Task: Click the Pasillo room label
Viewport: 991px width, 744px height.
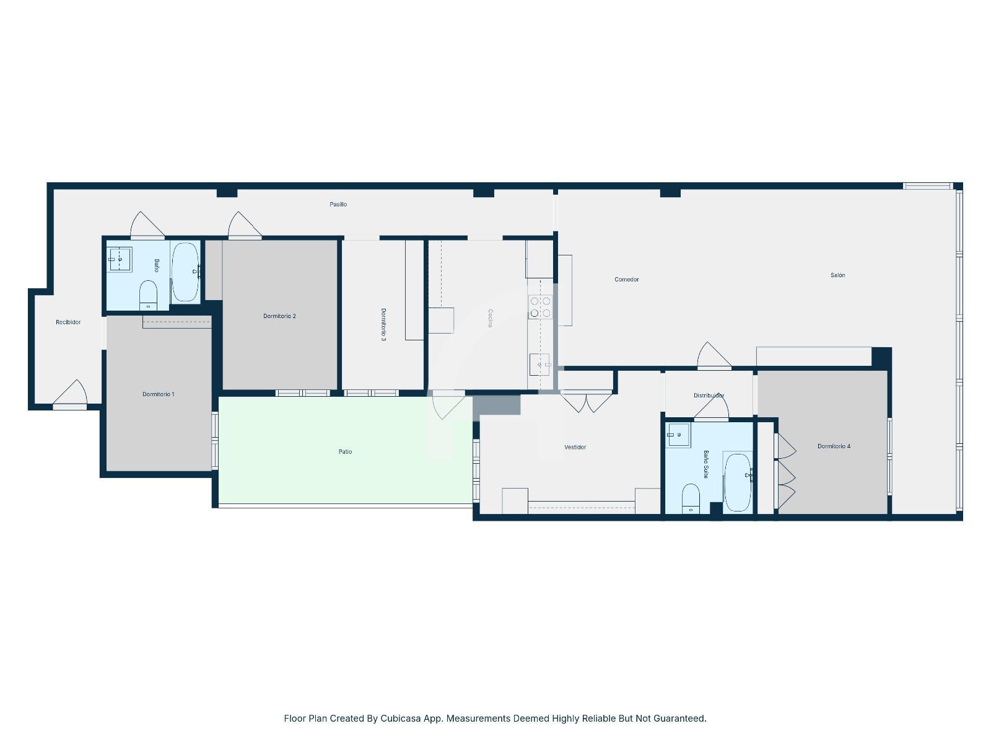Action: [338, 204]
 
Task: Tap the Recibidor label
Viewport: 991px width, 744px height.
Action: [68, 322]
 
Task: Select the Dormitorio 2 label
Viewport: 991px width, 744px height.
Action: [279, 316]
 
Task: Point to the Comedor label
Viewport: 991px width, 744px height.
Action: [626, 279]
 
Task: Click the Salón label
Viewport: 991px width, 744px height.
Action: [837, 275]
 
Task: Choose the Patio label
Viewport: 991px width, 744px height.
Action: [345, 451]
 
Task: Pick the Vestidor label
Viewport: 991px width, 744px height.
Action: [575, 447]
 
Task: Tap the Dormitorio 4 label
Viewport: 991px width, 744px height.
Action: [834, 446]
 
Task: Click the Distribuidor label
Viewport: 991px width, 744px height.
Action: [709, 396]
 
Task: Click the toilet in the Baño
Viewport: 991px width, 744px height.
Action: [148, 295]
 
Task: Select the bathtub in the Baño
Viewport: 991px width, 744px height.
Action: [185, 272]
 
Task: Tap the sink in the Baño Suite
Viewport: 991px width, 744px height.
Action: [679, 435]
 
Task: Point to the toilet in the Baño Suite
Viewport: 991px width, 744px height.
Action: [691, 498]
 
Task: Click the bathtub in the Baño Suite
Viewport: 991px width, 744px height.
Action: [737, 482]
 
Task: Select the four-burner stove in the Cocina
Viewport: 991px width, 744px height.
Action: [540, 307]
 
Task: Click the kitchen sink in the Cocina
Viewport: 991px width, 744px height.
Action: [539, 364]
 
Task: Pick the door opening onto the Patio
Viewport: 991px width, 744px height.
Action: [448, 405]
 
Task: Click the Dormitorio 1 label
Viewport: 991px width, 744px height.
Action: [158, 394]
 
